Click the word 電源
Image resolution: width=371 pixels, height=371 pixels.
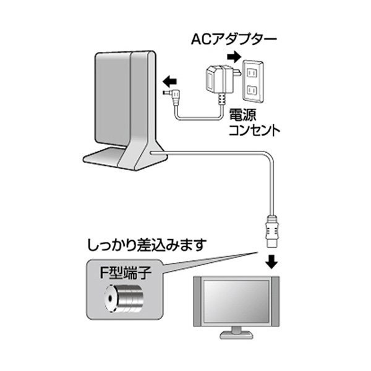(x=242, y=116)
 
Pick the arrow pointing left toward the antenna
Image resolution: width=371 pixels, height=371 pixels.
(x=168, y=80)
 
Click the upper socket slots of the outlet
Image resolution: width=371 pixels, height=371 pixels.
(x=252, y=69)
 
